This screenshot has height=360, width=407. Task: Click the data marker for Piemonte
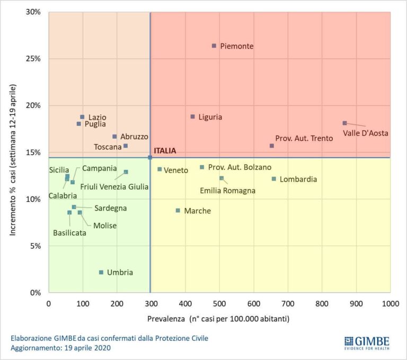(x=214, y=46)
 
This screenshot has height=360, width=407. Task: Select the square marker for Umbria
(x=101, y=272)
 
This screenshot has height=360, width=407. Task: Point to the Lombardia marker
(x=274, y=179)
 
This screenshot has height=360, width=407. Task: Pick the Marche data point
(x=178, y=210)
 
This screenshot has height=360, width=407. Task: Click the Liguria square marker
(x=193, y=116)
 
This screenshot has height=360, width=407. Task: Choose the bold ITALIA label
(x=165, y=151)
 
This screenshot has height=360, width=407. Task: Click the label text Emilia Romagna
(x=228, y=191)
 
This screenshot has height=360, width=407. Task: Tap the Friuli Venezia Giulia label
(x=114, y=186)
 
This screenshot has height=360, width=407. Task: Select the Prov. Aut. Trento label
(x=304, y=138)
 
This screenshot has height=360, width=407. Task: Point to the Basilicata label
(x=69, y=232)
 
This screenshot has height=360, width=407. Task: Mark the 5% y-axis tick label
(x=36, y=246)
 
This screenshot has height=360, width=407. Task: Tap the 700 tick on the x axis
(x=288, y=304)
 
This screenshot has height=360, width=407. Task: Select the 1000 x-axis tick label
(x=390, y=304)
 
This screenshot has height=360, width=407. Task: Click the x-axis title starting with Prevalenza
(x=218, y=319)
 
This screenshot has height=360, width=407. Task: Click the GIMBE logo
(x=367, y=343)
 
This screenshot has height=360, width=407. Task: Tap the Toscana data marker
(x=126, y=146)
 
